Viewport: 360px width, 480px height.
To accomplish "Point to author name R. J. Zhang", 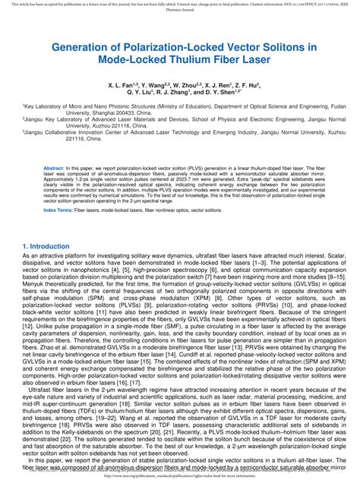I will pyautogui.click(x=172, y=94).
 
